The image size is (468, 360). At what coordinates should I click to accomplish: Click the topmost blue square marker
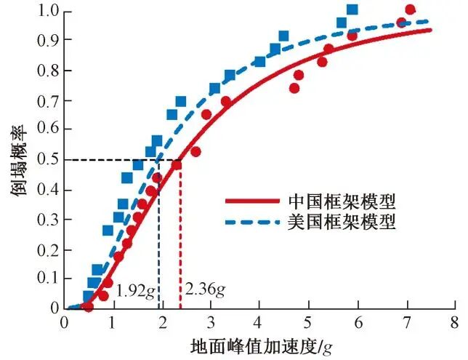pos(352,10)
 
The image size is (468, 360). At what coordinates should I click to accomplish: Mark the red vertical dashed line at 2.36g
pos(180,240)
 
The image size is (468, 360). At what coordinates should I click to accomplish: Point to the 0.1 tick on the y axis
pos(50,279)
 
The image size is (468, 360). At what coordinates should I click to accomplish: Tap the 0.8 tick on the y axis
pos(50,71)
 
